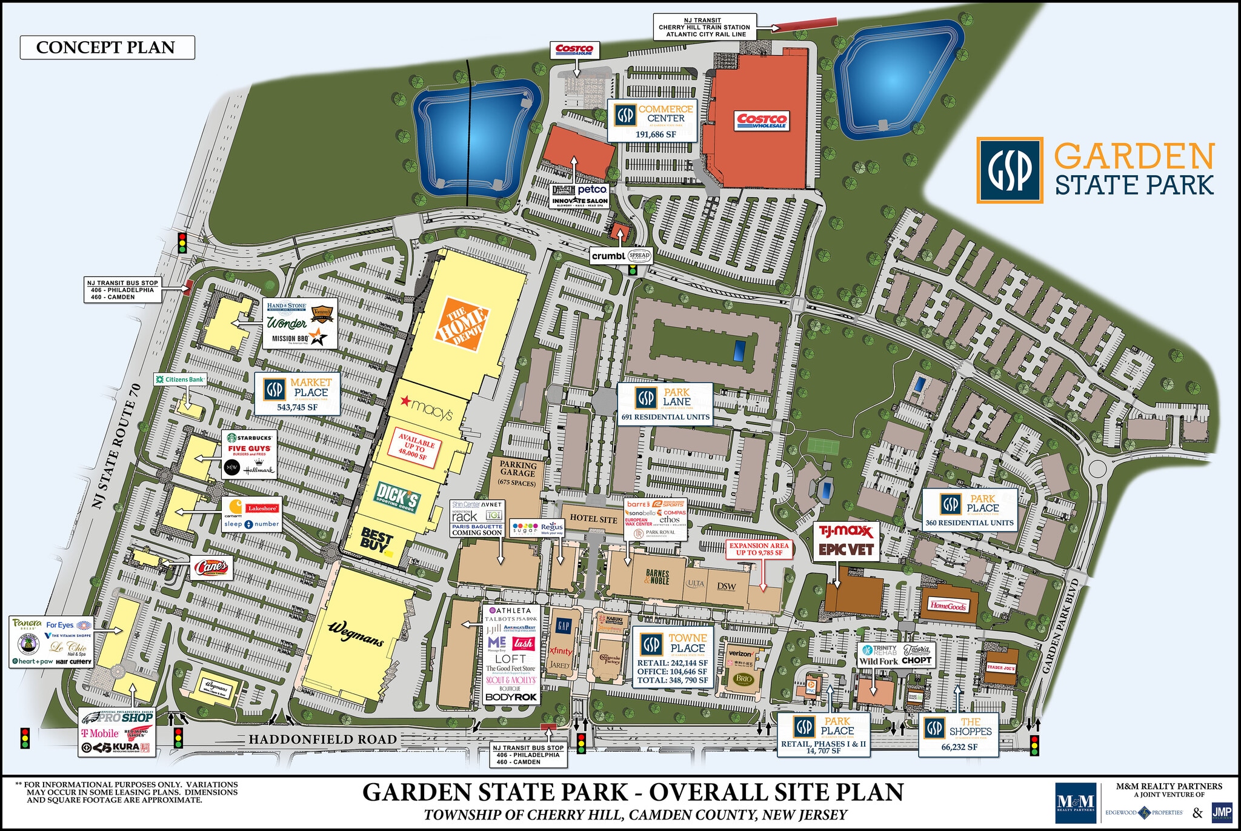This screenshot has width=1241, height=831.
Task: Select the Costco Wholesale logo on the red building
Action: (762, 121)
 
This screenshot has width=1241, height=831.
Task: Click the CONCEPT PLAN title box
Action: (107, 47)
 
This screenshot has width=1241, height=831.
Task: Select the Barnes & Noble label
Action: (657, 576)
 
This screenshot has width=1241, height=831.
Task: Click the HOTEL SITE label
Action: (593, 519)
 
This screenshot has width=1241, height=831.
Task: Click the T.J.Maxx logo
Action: (846, 532)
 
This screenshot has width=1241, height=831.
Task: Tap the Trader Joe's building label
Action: (1001, 667)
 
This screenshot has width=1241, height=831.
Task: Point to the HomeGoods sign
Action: (948, 606)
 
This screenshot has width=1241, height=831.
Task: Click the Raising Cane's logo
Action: (211, 568)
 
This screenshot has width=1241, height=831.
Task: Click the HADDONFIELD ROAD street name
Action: (322, 739)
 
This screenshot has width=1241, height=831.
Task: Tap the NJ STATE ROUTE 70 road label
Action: (117, 445)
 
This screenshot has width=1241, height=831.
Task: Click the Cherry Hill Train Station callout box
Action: (704, 27)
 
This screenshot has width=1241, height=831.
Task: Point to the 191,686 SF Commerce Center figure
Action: (656, 135)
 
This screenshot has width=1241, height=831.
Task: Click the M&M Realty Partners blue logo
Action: (1075, 803)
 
